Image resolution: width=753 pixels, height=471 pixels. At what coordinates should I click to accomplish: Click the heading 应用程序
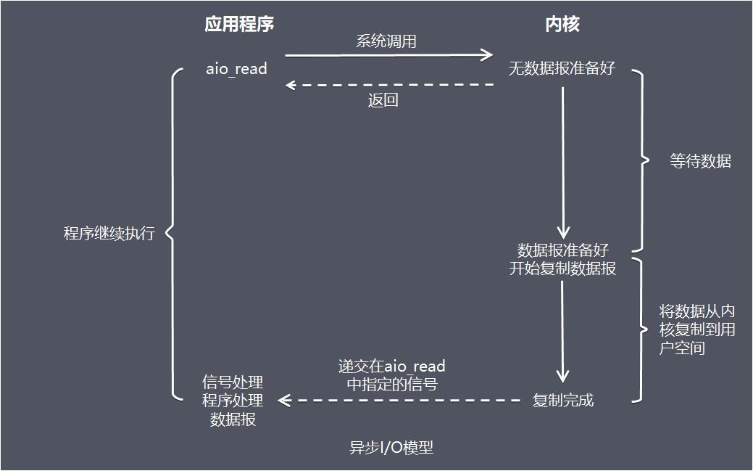pos(239,25)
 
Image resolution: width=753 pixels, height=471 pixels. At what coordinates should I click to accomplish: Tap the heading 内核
pos(562,25)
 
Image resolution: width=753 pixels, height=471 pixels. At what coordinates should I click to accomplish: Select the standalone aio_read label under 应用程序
pos(237,69)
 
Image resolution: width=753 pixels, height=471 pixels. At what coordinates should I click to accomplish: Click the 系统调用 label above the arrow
pos(386,41)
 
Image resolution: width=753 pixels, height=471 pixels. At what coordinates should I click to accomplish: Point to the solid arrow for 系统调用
pos(388,54)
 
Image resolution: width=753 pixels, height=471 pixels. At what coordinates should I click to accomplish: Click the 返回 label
pos(383,101)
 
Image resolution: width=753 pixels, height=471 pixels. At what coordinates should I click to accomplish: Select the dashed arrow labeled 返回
pos(389,85)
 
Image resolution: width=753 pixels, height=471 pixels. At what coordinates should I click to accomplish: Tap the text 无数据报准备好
pos(562,69)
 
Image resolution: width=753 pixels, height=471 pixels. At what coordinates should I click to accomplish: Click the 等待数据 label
pos(700,161)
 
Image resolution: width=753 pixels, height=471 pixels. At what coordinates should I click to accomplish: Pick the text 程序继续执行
pos(109,234)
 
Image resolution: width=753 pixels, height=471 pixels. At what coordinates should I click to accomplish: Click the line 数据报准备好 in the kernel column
pos(562,250)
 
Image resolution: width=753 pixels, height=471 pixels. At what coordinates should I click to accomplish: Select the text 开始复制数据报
pos(562,269)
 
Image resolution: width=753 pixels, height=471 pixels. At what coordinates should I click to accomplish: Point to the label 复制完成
pos(562,400)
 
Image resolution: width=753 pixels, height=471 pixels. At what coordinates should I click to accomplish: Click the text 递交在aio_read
pos(391,366)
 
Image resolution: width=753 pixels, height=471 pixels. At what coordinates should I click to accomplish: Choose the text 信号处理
pos(233,382)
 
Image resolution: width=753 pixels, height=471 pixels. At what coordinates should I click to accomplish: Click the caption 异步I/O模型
pos(391,448)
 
